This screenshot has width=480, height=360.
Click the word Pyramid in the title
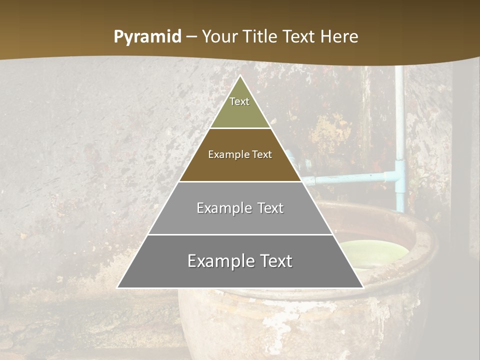pos(147,37)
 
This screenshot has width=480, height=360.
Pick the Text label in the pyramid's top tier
pos(239,101)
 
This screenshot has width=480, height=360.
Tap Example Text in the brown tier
pos(240,154)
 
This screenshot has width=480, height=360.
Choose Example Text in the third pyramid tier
pos(240,208)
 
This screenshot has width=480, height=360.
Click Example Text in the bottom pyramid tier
pos(240,261)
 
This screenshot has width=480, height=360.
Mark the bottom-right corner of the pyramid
pos(362,287)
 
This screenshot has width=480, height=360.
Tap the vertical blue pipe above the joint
pos(399,120)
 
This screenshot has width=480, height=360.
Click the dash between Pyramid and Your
pos(191,37)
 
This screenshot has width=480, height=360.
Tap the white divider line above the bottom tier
pos(240,234)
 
